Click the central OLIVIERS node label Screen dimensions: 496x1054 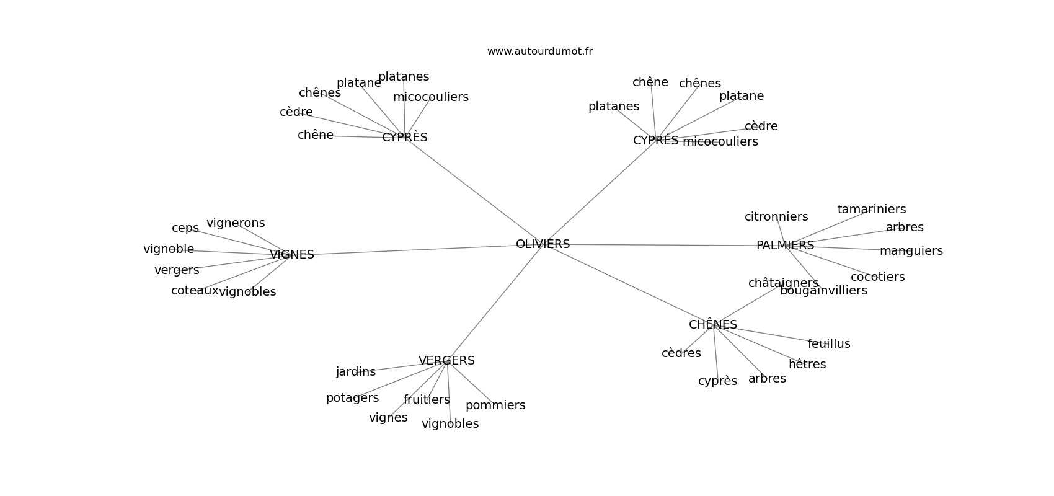click(x=542, y=244)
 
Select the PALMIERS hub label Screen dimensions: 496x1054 click(x=785, y=246)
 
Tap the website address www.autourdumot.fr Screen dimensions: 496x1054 click(x=539, y=51)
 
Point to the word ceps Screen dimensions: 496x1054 click(x=185, y=228)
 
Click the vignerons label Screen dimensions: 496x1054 click(x=236, y=223)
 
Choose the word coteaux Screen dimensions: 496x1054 click(x=195, y=291)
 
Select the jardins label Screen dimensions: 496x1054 click(x=356, y=372)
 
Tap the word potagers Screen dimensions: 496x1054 click(x=352, y=398)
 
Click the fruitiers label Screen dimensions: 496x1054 click(x=427, y=400)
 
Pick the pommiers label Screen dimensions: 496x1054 click(x=495, y=405)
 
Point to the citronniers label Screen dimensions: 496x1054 click(x=776, y=217)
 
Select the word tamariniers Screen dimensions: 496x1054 click(x=872, y=210)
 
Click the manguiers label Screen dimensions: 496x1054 click(x=911, y=251)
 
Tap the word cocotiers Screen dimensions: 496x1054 click(x=877, y=277)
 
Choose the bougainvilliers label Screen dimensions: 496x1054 click(x=823, y=291)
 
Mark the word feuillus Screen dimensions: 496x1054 click(x=829, y=344)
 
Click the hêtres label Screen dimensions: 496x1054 click(x=807, y=365)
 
